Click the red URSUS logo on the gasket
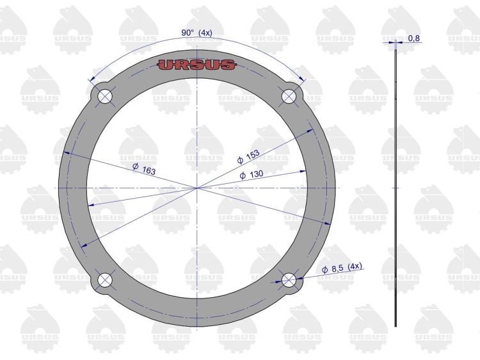point(196,65)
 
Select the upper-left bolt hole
point(105,96)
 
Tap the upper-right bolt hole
point(289,96)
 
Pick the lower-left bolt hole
point(105,280)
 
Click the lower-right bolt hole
point(289,280)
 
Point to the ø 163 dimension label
point(144,169)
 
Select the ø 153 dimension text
point(248,156)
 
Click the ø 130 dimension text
point(252,175)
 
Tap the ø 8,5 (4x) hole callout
point(342,267)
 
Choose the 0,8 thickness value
point(414,38)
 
